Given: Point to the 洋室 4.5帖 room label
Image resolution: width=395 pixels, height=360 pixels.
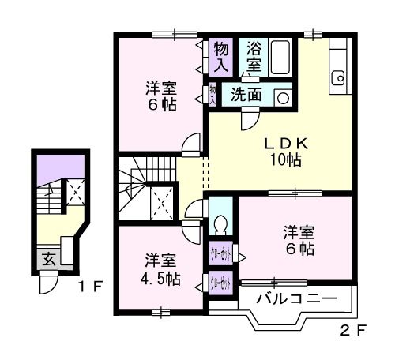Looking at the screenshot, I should pyautogui.click(x=161, y=268).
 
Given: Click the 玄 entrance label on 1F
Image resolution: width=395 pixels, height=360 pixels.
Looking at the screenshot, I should pyautogui.click(x=48, y=257).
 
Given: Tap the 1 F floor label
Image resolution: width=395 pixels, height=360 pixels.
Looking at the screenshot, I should pyautogui.click(x=90, y=285).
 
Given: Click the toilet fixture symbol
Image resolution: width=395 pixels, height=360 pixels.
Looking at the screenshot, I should pyautogui.click(x=220, y=222).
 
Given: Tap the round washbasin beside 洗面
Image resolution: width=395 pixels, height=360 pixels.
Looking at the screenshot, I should pyautogui.click(x=284, y=97).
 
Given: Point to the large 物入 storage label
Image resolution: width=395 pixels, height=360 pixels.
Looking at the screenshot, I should pyautogui.click(x=221, y=56).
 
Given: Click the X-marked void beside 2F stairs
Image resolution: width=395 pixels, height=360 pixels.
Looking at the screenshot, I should pyautogui.click(x=162, y=204).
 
